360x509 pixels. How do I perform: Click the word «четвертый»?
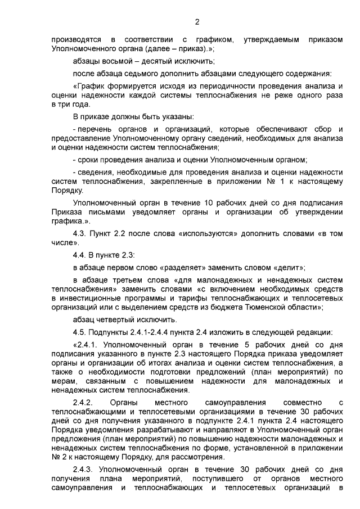pyautogui.click(x=115, y=319)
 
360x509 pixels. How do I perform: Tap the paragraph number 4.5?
pyautogui.click(x=82, y=331)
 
